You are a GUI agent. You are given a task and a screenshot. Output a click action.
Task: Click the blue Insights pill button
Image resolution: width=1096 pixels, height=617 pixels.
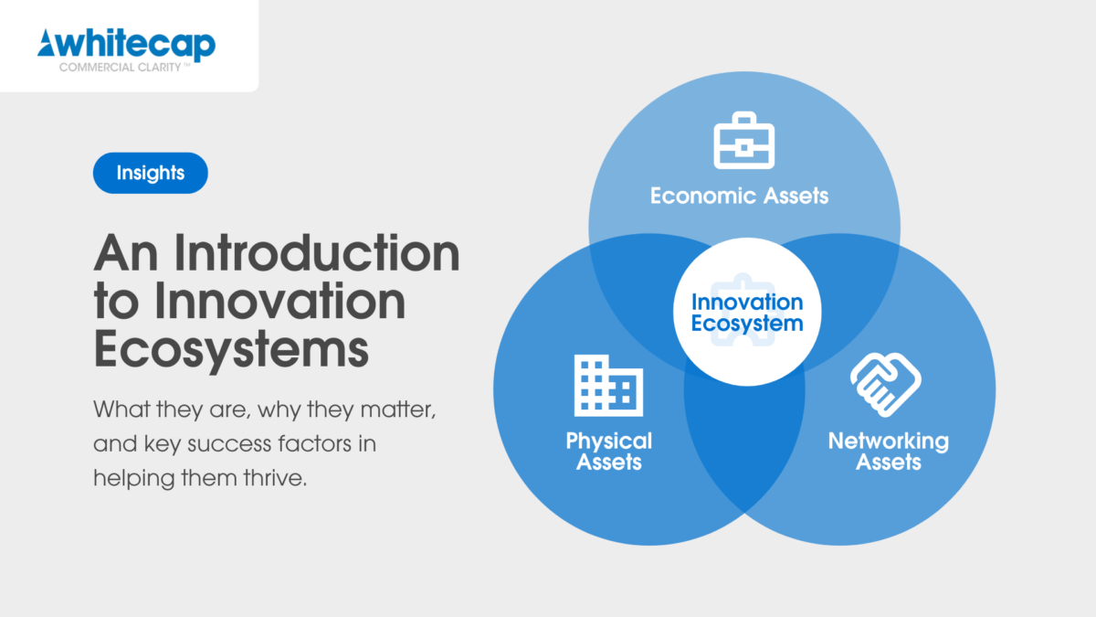coord(150,173)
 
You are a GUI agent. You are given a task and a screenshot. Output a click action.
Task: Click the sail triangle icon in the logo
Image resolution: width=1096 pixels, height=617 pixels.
coord(47,43)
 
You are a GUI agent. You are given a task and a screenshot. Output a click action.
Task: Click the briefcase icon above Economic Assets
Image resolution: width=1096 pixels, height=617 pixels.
coord(743,141)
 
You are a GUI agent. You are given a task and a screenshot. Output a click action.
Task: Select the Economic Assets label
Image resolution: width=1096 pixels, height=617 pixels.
coord(739,196)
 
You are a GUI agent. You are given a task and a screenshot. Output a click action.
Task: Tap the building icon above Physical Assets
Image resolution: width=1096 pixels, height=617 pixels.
coord(608,386)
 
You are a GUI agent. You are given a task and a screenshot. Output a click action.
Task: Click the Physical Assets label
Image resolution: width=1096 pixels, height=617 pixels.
coord(608,451)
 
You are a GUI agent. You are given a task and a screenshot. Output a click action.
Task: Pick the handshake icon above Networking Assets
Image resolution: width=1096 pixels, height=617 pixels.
coord(886,385)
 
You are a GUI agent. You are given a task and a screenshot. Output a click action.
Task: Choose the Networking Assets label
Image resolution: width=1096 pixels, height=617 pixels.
coord(889,451)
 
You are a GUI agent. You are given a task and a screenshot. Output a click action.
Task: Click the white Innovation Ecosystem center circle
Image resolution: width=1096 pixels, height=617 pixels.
coord(747,312)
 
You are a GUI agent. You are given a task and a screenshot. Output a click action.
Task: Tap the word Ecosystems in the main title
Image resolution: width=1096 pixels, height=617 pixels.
coord(231,348)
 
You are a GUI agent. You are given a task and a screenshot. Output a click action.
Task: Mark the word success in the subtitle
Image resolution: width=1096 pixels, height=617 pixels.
coord(229,444)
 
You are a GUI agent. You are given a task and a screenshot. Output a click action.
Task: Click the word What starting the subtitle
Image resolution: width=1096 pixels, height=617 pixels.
coord(121,409)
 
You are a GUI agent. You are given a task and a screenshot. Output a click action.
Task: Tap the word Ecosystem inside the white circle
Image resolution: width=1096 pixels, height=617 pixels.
coord(747,324)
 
